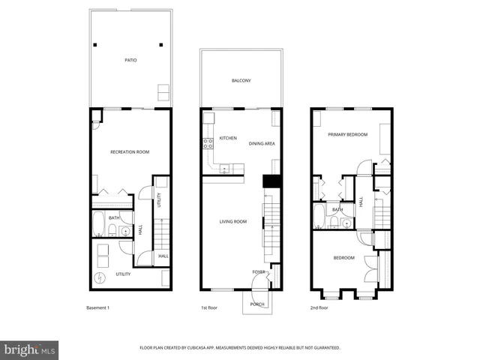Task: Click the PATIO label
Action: pyautogui.click(x=130, y=59)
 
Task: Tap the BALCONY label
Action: pyautogui.click(x=241, y=80)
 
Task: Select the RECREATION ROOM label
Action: pyautogui.click(x=130, y=152)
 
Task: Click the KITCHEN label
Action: pyautogui.click(x=228, y=139)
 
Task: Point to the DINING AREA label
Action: pyautogui.click(x=262, y=143)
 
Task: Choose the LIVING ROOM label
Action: pyautogui.click(x=232, y=221)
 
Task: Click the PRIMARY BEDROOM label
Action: pyautogui.click(x=348, y=134)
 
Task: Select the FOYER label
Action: pyautogui.click(x=258, y=271)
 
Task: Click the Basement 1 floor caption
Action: pyautogui.click(x=97, y=308)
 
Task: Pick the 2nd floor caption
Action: pyautogui.click(x=319, y=308)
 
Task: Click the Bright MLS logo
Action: pyautogui.click(x=29, y=349)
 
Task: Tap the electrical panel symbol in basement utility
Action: pyautogui.click(x=100, y=278)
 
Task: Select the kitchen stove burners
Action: pyautogui.click(x=206, y=142)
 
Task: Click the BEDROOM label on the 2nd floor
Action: pyautogui.click(x=343, y=258)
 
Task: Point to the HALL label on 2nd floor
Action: pyautogui.click(x=361, y=202)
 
